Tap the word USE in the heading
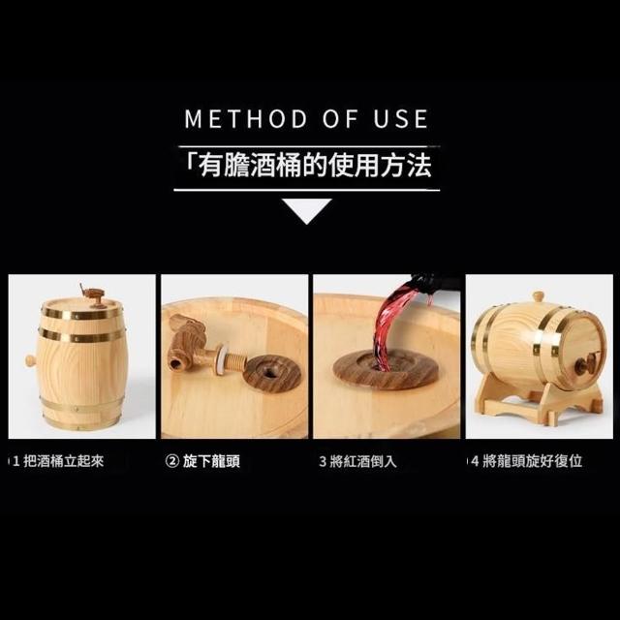pos(401,118)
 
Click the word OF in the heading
pos(340,118)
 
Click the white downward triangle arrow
pos(306,209)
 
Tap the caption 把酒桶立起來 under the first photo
pos(64,461)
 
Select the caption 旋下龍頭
pos(211,461)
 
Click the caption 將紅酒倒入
pos(363,461)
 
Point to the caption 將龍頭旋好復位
pos(532,461)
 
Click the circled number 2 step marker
pos(172,461)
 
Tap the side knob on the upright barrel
pos(30,360)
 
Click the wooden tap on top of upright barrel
pos(93,294)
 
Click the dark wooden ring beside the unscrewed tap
pos(271,373)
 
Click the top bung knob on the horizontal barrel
pos(538,296)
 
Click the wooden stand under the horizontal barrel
pos(542,399)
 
